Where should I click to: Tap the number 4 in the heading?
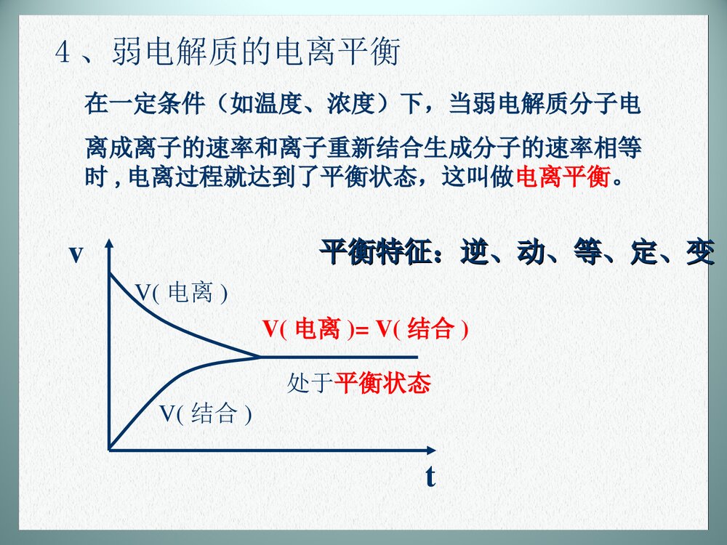pos(63,54)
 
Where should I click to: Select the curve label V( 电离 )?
pos(182,293)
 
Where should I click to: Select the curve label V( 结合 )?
pos(206,414)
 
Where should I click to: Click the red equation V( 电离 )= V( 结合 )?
pos(366,330)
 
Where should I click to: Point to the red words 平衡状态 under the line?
pos(382,384)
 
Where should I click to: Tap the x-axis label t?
pos(430,477)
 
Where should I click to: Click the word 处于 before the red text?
pos(310,384)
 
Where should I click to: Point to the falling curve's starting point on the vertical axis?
pos(110,275)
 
